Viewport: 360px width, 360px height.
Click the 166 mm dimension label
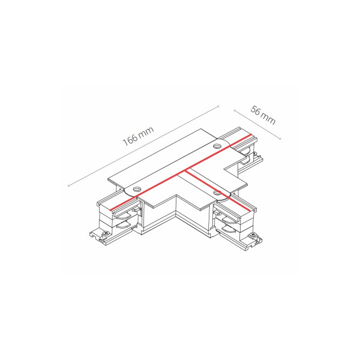coord(138,136)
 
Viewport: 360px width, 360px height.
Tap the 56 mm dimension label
coord(263,115)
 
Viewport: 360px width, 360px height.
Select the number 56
coord(256,110)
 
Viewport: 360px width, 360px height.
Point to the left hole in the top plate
coord(137,190)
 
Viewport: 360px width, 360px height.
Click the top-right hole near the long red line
coord(217,146)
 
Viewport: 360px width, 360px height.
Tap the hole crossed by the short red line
coord(217,193)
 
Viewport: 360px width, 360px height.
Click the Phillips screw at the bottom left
coord(106,233)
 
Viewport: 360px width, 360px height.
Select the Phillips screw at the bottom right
coord(253,235)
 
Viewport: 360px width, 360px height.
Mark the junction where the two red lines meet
coord(185,170)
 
